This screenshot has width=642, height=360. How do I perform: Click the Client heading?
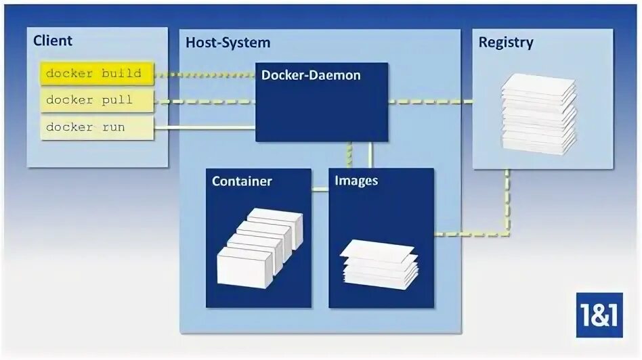coord(53,41)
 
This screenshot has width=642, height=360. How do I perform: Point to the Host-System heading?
coord(228,43)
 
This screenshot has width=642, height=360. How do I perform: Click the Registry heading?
coord(506,43)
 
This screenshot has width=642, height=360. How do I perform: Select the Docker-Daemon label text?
coord(311,76)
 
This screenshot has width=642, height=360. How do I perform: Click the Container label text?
coord(242,181)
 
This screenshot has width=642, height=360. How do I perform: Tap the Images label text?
coord(356,181)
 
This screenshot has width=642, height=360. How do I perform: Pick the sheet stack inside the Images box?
coord(377,264)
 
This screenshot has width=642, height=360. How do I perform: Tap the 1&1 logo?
coord(599,315)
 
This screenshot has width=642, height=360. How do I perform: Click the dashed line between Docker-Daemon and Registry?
coord(430,102)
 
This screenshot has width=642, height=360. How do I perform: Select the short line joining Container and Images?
coord(320,189)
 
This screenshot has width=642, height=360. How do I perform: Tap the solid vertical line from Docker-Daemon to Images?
coord(370,154)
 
